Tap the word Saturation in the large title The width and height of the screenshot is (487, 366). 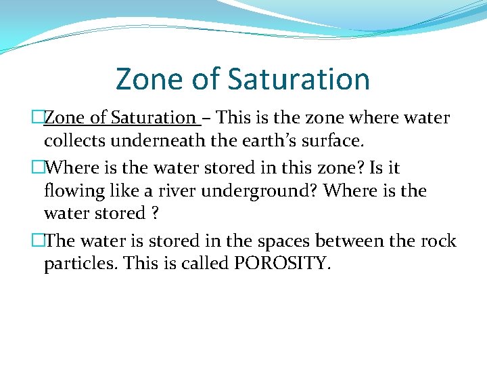pyautogui.click(x=298, y=79)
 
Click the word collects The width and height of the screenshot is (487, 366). pyautogui.click(x=70, y=141)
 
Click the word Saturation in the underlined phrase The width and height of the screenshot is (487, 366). pyautogui.click(x=153, y=117)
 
